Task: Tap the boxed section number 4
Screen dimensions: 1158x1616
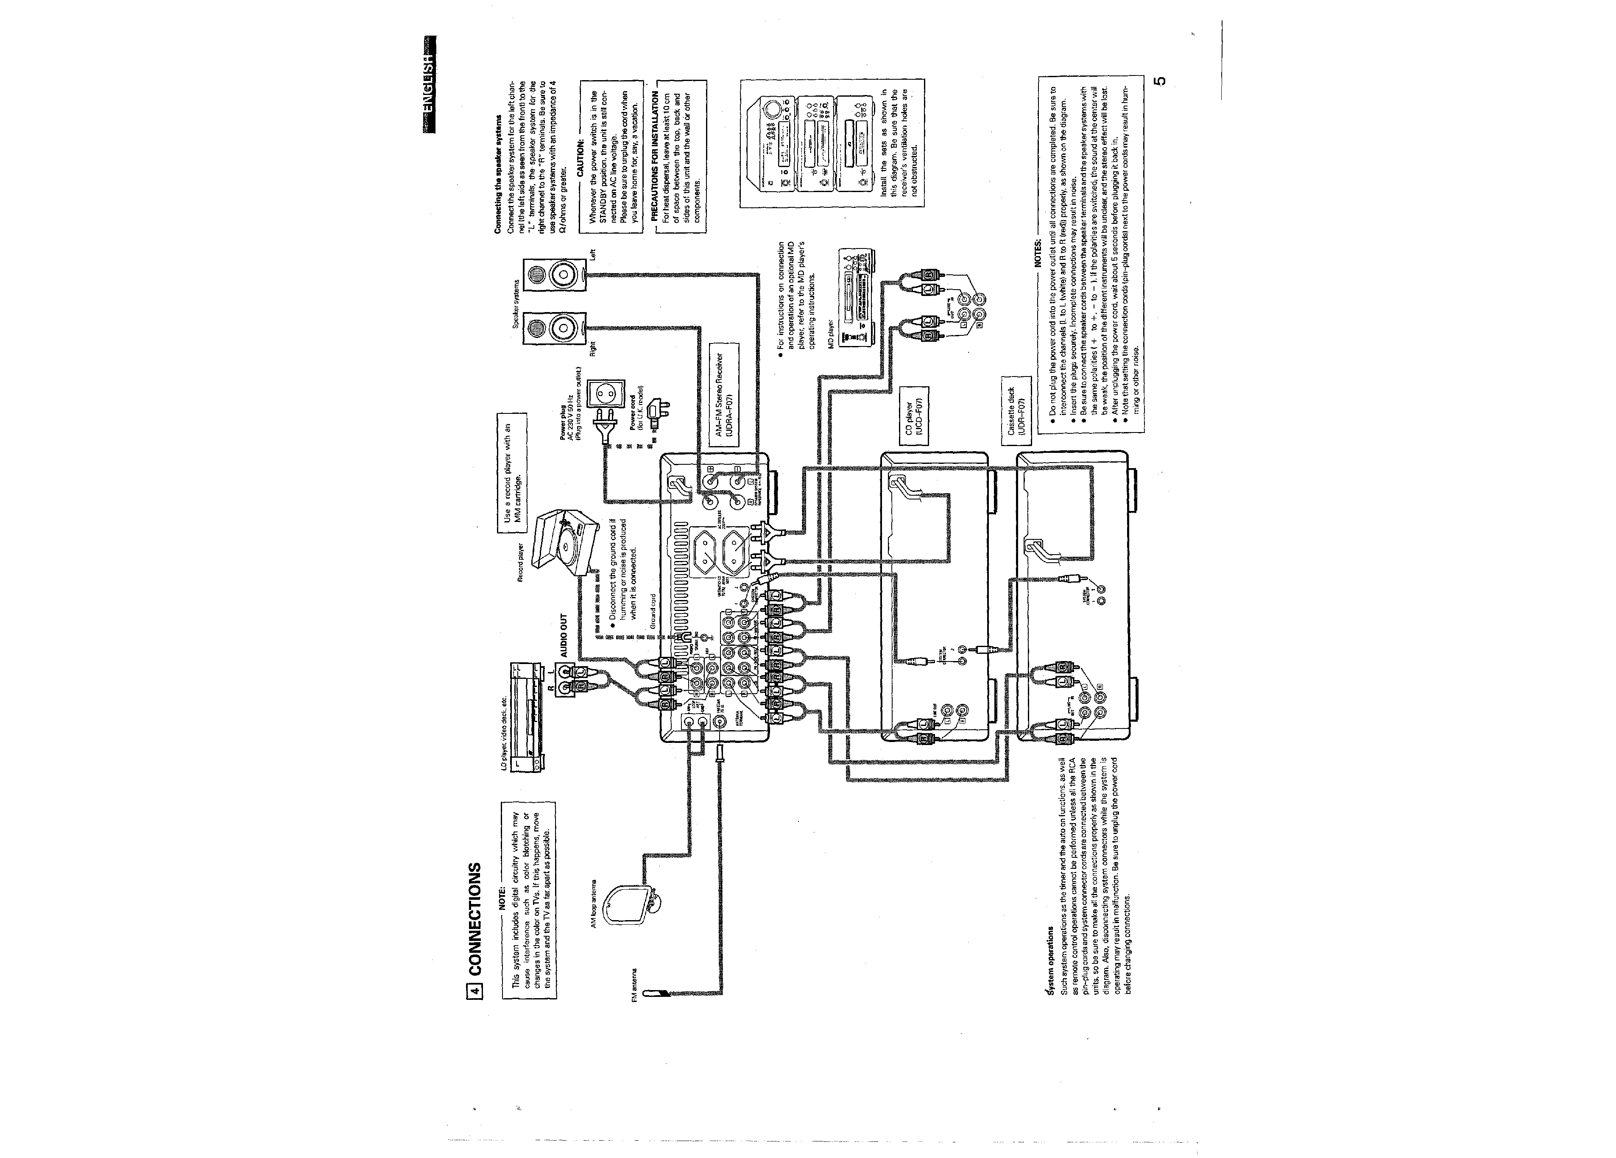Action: click(x=475, y=989)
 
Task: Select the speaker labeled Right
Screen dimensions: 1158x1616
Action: click(x=554, y=329)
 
